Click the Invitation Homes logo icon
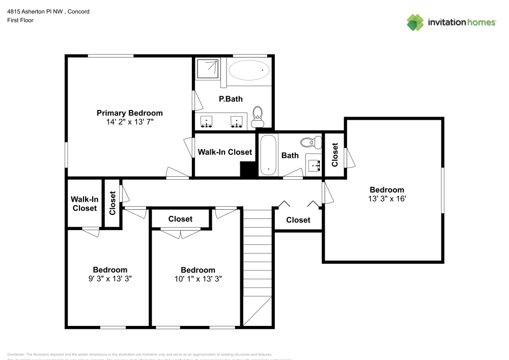tap(415, 22)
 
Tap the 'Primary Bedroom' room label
tap(130, 113)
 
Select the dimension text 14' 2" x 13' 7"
tap(130, 122)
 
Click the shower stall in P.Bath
tap(208, 69)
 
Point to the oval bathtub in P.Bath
tap(249, 70)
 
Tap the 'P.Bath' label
tap(231, 99)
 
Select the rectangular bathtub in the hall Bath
tap(267, 155)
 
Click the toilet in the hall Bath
tap(310, 142)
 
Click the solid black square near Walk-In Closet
tap(248, 170)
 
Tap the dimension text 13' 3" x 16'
tap(387, 199)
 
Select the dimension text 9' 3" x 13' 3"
tap(110, 279)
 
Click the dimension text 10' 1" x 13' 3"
tap(198, 279)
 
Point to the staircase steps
tap(257, 255)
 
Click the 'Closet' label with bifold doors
tap(298, 220)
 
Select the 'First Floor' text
tap(20, 20)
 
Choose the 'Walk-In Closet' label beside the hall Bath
tap(224, 152)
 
